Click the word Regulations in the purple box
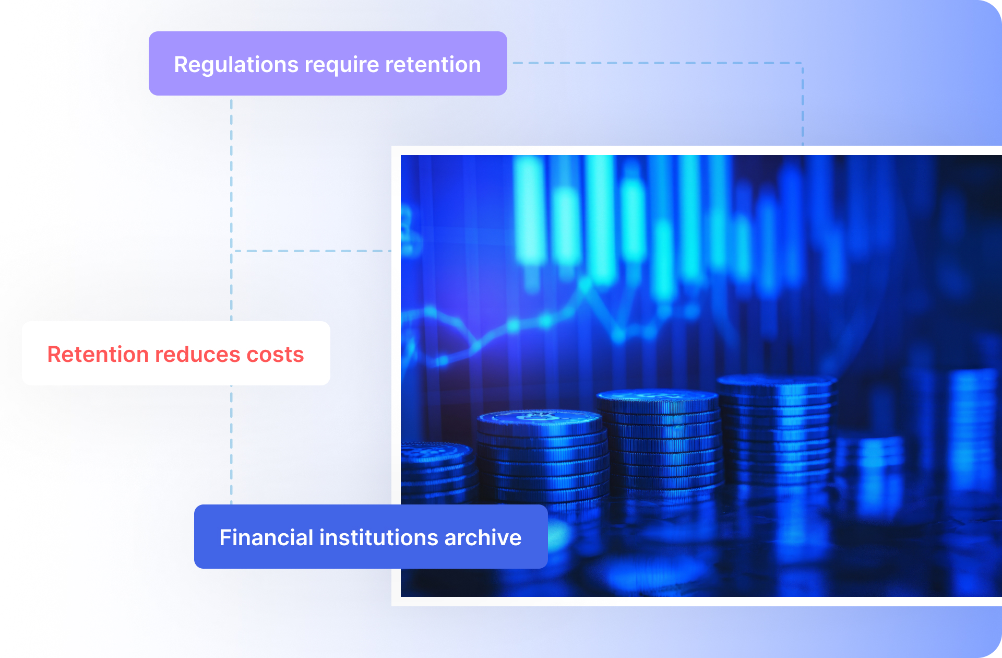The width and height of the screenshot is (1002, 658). coord(236,65)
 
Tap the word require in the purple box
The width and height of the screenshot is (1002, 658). coord(342,65)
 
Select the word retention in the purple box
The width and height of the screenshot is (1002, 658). coord(433,64)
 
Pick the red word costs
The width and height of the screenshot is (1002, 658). coord(275,355)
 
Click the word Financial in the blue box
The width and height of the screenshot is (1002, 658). coord(266,537)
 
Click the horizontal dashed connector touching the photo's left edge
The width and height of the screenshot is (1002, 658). coord(312,251)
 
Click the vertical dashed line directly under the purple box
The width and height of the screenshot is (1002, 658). coord(231,208)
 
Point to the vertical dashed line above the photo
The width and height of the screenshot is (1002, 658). coord(803,104)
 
